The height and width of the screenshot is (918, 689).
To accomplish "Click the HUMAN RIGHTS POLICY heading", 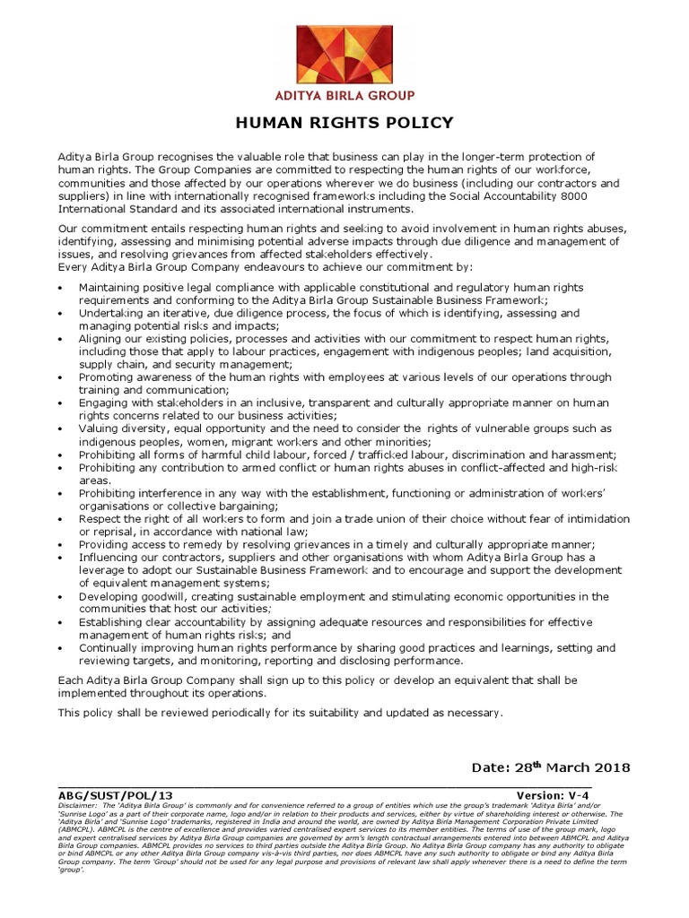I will click(344, 123).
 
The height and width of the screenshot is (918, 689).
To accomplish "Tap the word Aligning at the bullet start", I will click(101, 339).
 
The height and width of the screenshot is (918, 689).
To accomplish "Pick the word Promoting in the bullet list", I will click(107, 377).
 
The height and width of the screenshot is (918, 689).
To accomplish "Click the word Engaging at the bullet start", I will click(104, 403).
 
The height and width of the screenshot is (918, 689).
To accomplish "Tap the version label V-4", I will click(614, 795).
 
